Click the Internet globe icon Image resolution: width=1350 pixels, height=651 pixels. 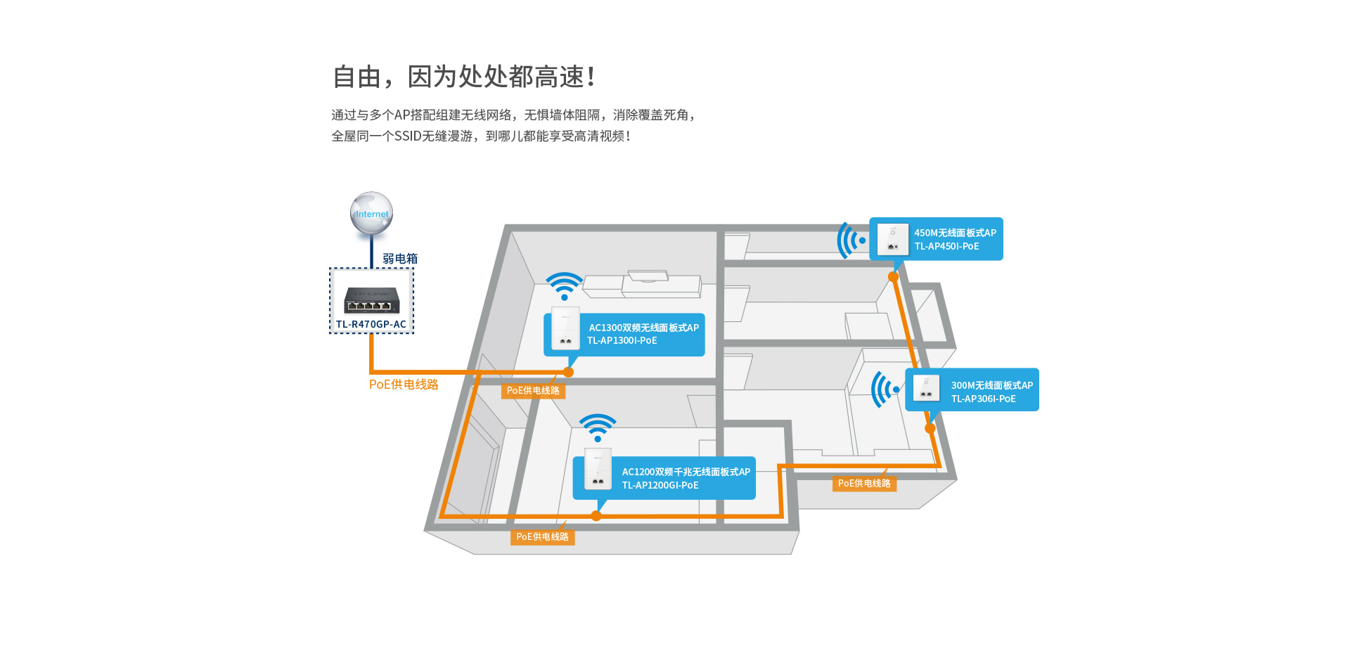[371, 212]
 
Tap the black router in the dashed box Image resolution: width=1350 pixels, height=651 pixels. [372, 300]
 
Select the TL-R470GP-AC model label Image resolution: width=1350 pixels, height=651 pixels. [371, 324]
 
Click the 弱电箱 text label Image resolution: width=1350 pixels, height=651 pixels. [400, 259]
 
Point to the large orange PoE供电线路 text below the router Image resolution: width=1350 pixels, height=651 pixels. [404, 385]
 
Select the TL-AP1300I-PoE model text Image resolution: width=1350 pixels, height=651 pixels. [622, 340]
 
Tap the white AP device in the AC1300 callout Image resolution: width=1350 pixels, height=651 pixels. [565, 329]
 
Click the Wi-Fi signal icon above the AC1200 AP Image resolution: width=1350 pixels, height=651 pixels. [598, 427]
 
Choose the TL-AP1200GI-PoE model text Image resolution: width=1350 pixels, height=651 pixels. [660, 485]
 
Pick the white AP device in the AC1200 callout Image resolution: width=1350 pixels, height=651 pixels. [598, 469]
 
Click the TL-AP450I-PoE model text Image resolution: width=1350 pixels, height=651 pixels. [946, 246]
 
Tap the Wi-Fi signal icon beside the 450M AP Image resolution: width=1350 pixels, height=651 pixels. [851, 240]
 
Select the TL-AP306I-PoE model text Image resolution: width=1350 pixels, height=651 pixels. [984, 399]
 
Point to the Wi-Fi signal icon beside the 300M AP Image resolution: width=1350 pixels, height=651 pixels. [885, 389]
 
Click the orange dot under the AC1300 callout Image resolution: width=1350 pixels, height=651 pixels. [568, 372]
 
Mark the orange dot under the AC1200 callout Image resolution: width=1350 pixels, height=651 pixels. [596, 515]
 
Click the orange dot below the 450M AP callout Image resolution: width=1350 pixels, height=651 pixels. [894, 277]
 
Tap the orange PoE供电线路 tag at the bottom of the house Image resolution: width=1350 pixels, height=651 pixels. [542, 537]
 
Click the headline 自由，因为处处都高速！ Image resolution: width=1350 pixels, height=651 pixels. [464, 77]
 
